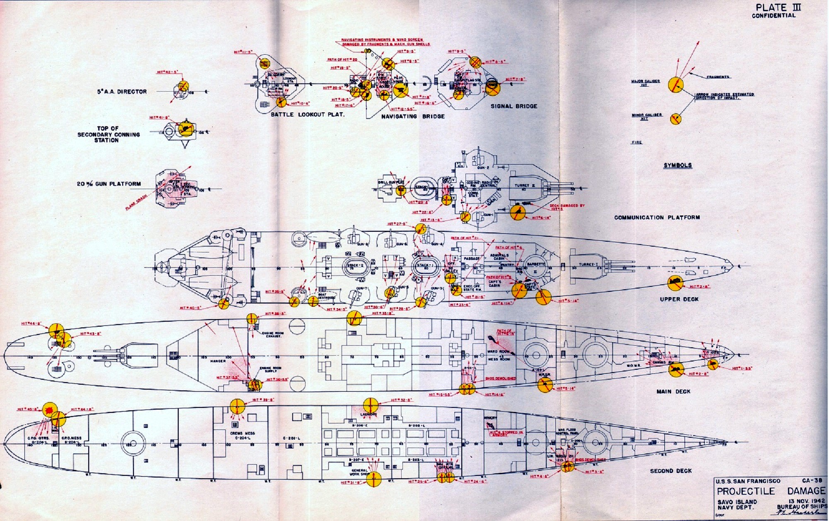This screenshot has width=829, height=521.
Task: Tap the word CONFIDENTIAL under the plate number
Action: [773, 16]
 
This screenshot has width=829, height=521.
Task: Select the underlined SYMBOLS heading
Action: [678, 165]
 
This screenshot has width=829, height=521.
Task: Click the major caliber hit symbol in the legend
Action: [676, 85]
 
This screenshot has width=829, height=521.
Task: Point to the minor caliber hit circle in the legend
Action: [676, 119]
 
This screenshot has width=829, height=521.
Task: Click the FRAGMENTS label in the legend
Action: [718, 77]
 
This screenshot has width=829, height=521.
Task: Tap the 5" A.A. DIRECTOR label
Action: [122, 92]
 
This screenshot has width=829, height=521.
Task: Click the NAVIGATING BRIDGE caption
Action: [413, 116]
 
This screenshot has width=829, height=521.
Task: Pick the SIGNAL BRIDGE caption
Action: [514, 106]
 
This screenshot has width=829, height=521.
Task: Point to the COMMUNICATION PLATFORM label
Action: [657, 217]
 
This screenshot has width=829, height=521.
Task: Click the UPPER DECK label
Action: [679, 299]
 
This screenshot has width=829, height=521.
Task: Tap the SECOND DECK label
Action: [671, 471]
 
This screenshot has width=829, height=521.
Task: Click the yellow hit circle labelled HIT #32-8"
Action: [370, 405]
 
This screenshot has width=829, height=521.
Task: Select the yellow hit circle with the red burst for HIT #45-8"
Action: [50, 410]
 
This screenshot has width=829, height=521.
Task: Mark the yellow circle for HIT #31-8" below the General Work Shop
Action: [374, 480]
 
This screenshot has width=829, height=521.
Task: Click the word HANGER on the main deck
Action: [218, 361]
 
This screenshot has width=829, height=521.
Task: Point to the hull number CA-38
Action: [812, 481]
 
